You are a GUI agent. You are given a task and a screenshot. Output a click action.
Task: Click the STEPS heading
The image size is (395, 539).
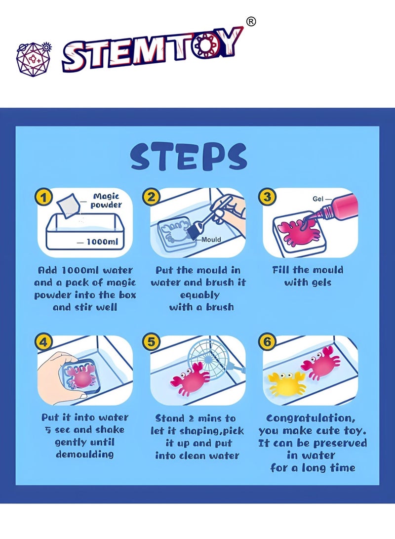189,157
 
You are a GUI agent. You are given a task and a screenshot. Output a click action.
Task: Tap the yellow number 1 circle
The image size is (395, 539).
43,198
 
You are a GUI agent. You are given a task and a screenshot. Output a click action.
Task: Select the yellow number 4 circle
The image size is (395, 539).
43,342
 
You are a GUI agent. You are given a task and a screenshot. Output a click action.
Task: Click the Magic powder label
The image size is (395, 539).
106,201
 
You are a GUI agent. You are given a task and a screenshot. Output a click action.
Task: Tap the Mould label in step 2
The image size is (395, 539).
211,240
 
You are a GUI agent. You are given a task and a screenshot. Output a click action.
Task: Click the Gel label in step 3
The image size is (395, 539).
318,199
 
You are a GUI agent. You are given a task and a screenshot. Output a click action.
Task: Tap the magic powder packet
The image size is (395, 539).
68,205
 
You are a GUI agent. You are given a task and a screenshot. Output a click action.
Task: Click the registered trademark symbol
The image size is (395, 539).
251,22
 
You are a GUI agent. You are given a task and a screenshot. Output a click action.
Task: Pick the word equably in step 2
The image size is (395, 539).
199,295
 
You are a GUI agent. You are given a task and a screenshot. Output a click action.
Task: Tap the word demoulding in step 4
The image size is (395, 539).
85,455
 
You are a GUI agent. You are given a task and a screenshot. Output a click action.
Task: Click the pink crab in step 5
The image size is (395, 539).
190,379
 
